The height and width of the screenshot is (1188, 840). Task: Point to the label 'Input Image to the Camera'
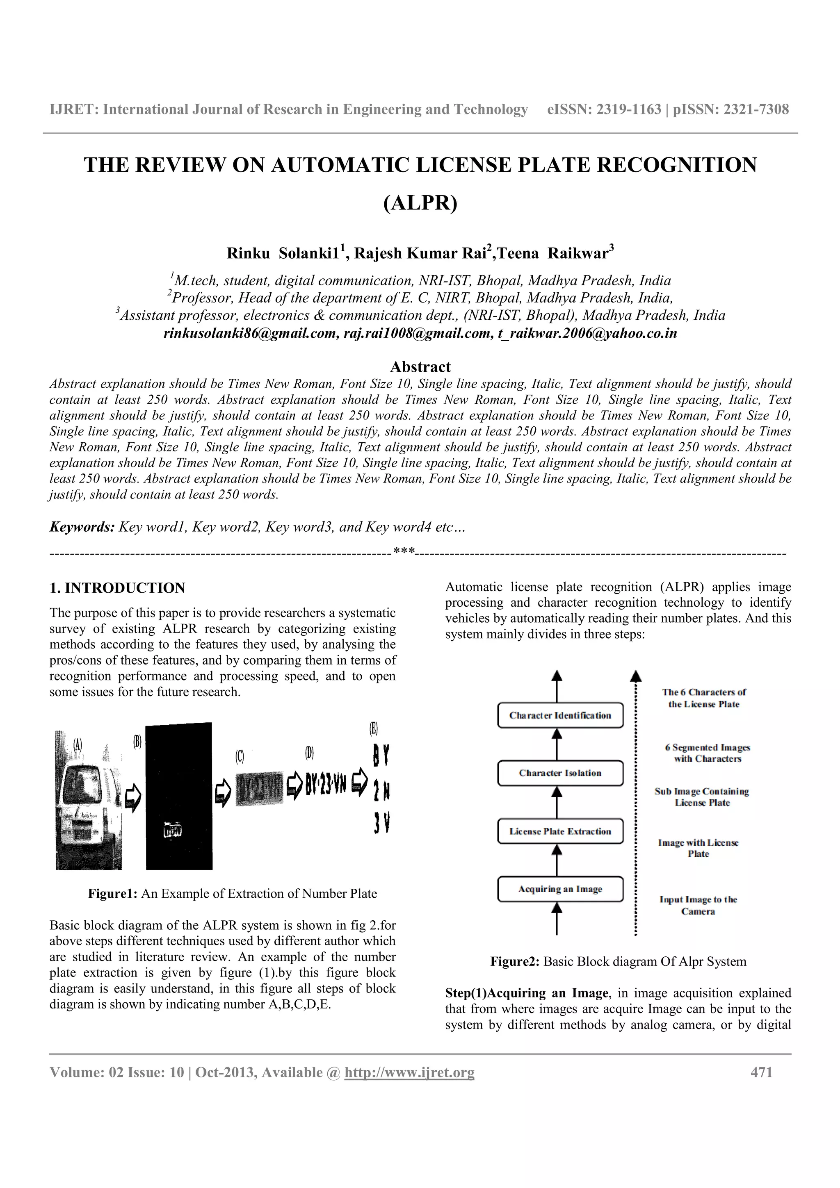point(698,906)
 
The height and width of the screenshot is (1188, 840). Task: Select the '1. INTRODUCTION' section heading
point(117,588)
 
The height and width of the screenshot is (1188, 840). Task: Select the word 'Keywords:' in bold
point(82,527)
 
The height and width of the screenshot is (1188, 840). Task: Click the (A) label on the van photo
point(78,745)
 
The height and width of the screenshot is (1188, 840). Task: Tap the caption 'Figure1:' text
point(112,894)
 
